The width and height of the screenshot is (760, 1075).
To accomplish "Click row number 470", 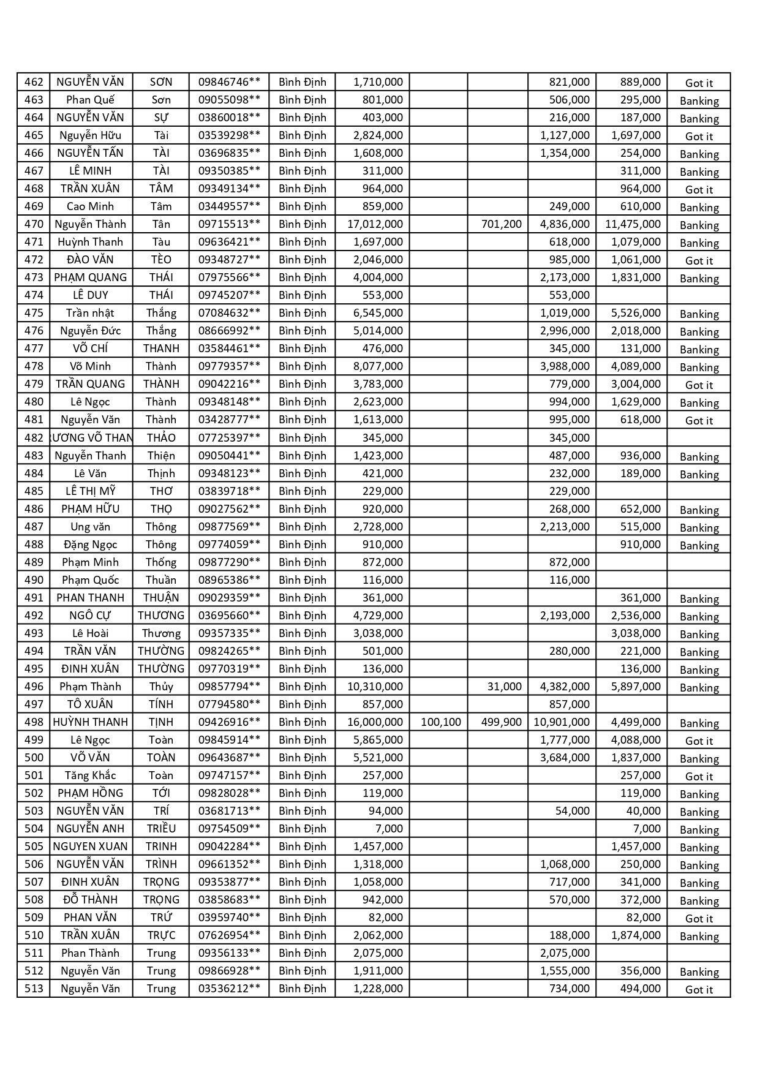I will tap(34, 224).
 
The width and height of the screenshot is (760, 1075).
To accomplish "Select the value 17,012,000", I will tap(375, 224).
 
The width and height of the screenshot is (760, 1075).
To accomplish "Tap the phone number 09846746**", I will tap(229, 82).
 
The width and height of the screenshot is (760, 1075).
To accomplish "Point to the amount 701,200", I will tap(501, 224).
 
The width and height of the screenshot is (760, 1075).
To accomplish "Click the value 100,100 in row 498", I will tap(440, 722).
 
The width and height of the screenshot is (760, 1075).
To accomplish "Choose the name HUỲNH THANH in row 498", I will tap(91, 722).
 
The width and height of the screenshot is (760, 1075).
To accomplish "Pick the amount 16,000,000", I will tap(375, 722).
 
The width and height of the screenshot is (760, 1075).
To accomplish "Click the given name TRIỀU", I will tap(161, 829).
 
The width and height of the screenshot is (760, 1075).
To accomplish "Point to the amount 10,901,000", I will tap(562, 722).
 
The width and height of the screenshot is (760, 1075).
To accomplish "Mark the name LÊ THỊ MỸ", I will tap(91, 491).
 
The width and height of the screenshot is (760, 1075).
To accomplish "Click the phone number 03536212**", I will tap(229, 989).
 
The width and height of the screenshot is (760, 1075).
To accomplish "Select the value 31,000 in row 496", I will tap(504, 687).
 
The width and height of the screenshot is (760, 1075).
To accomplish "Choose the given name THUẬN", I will tap(161, 598).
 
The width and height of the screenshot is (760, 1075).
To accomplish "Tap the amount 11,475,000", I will tap(633, 224).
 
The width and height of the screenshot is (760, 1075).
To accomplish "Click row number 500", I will tap(34, 758).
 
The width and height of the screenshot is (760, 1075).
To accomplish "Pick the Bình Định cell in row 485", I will tap(303, 491).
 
